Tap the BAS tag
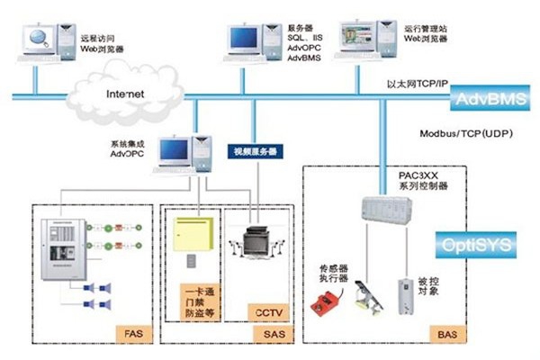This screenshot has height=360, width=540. coord(447,334)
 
